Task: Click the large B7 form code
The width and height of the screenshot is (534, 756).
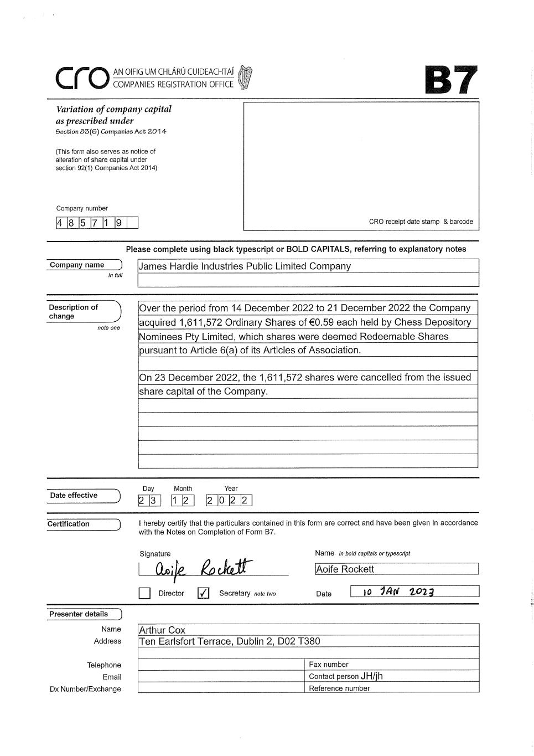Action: coord(450,80)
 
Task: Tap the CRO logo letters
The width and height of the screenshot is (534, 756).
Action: coord(81,79)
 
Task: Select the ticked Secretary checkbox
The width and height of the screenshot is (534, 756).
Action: coord(203,593)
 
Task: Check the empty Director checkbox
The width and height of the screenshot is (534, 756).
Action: coord(144,593)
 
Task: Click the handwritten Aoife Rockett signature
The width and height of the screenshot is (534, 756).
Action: coord(202,568)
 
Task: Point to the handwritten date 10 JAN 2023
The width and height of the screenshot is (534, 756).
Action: coord(398,592)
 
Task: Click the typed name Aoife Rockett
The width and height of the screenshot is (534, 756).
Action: coord(345,569)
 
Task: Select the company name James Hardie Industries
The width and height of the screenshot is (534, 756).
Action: coord(245,266)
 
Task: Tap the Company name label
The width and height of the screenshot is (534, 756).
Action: coord(77,265)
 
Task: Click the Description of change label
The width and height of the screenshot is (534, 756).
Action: coord(73,311)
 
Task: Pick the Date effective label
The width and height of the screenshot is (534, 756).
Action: coord(74,496)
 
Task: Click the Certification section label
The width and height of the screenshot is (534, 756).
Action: coord(69,524)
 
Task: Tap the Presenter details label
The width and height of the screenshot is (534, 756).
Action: coord(79,614)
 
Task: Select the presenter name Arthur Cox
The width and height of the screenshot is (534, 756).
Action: coord(162,630)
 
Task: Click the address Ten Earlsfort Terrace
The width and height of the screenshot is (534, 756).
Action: coord(229,641)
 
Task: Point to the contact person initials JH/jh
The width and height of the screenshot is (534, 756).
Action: coord(372,676)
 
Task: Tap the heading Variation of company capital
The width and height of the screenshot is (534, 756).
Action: coord(113,109)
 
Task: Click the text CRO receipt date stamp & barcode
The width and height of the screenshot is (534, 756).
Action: coord(421,222)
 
